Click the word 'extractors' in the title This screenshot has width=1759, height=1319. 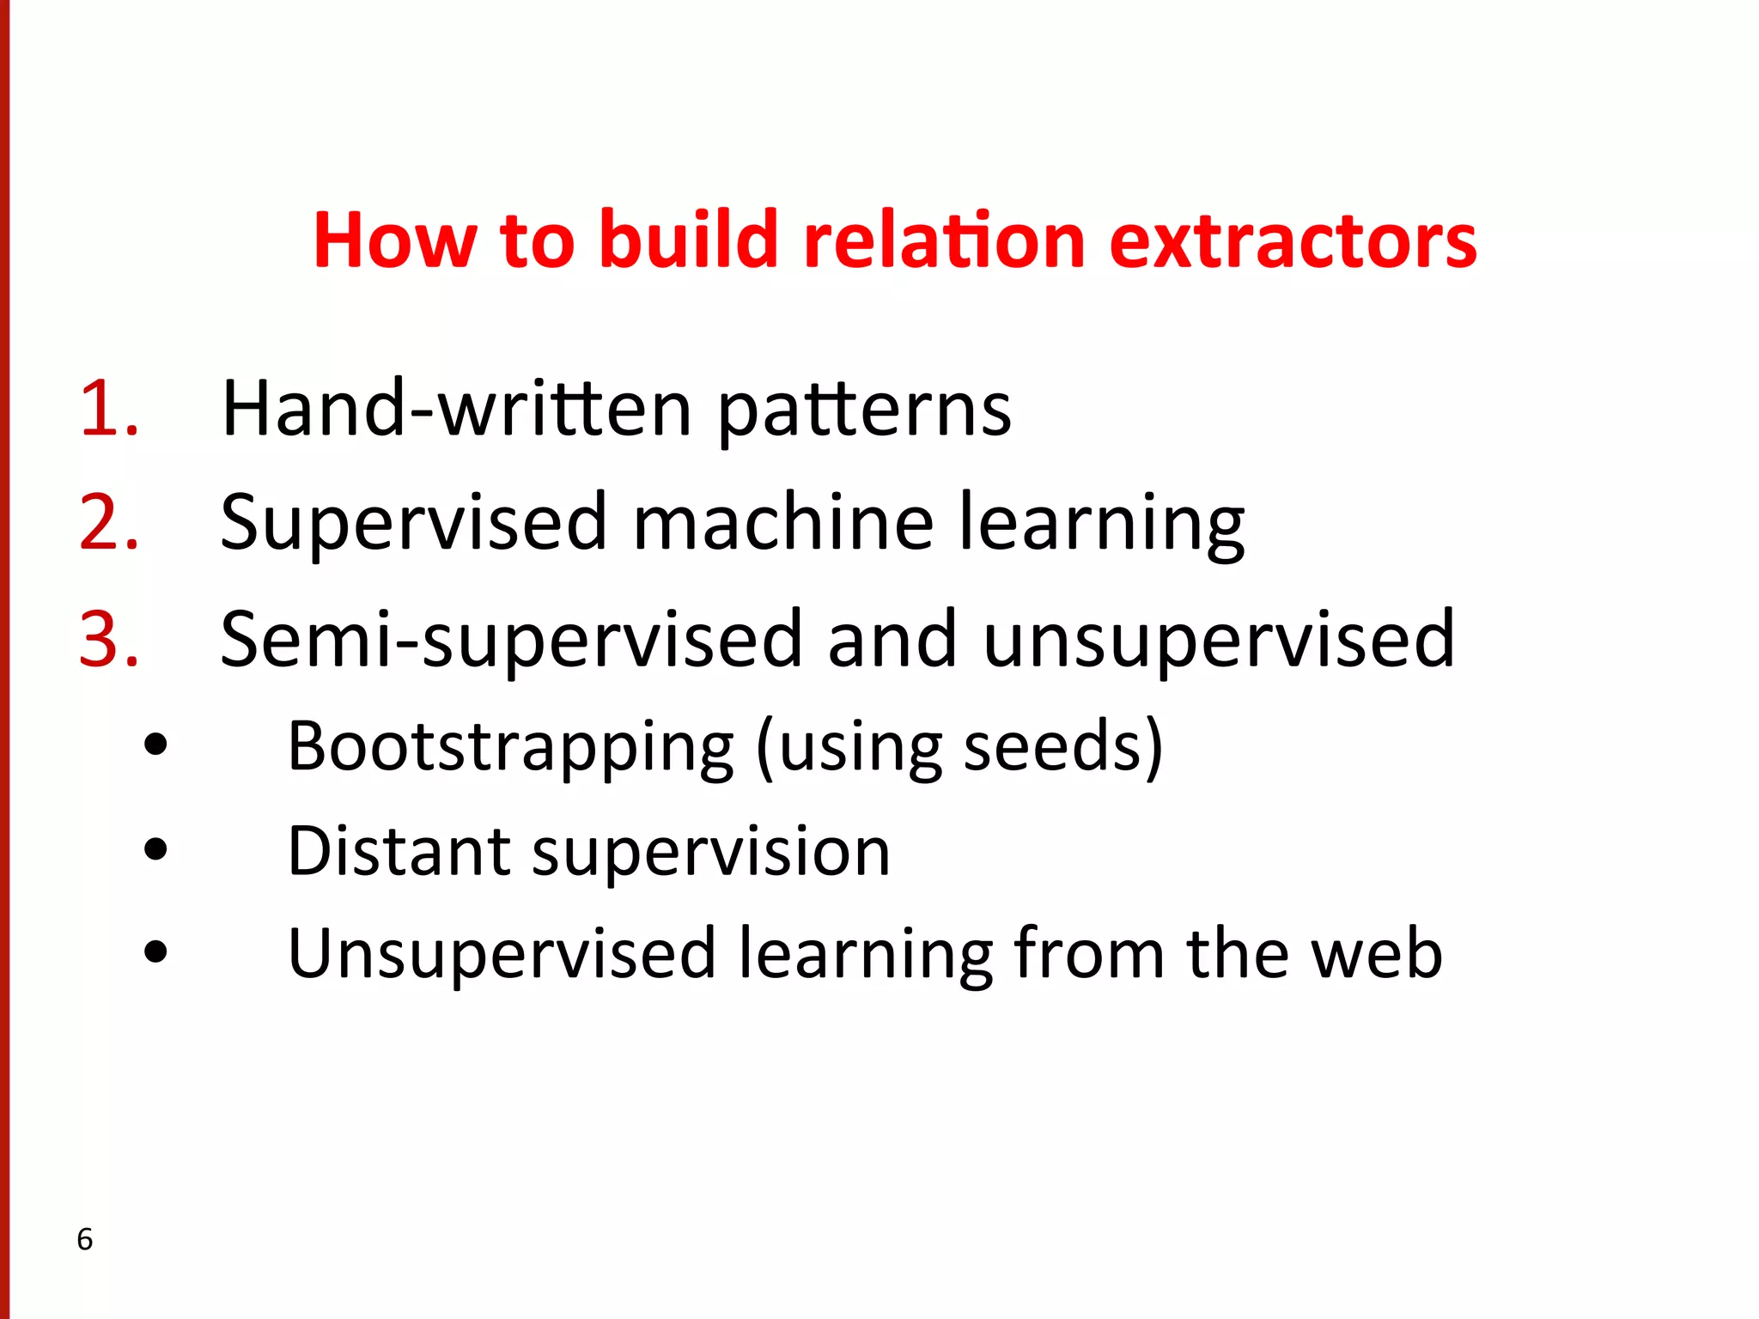1293,241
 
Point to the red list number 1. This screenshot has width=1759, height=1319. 108,409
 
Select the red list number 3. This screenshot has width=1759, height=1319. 108,639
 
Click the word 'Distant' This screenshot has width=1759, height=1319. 399,852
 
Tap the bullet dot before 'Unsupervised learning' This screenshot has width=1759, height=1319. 156,951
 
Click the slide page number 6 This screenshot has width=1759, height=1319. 84,1239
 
